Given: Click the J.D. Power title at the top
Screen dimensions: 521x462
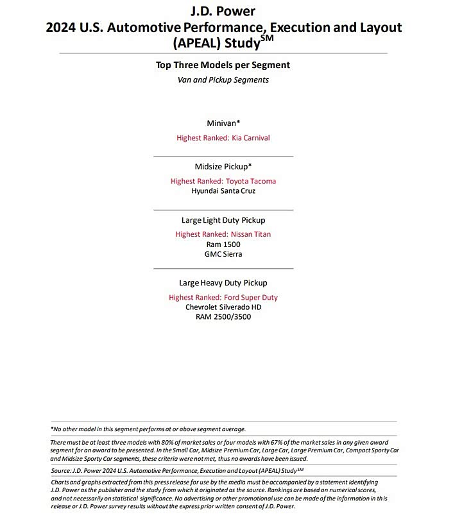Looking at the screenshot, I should [x=223, y=11].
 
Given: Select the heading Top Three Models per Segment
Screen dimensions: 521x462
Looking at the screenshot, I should [x=223, y=65].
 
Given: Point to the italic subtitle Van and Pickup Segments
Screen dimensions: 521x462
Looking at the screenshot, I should [x=223, y=80].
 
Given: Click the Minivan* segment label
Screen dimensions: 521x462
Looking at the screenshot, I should [x=223, y=123].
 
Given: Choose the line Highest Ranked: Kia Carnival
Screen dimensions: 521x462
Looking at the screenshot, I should [x=223, y=137].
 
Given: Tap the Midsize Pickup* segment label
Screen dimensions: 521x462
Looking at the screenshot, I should [x=223, y=166].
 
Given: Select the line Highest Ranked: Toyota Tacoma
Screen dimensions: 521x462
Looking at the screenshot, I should [x=223, y=181].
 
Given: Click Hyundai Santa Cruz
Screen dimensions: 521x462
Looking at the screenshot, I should [x=223, y=191].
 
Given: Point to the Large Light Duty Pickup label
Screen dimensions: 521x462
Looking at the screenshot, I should [x=223, y=220].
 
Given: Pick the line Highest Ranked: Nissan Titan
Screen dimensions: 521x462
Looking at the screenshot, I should [x=223, y=234].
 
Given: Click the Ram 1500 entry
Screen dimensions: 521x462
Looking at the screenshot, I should [x=223, y=244].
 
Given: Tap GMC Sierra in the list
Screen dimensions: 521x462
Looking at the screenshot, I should [x=223, y=254].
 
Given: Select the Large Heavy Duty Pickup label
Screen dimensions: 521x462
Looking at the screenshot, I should [x=223, y=282].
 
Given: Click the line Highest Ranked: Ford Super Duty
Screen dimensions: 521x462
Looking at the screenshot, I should [x=223, y=297].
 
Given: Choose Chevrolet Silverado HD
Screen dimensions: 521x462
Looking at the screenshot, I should [x=223, y=307].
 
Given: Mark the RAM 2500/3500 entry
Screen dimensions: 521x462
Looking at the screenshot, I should [x=223, y=316].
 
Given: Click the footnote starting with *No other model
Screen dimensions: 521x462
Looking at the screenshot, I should [x=148, y=429].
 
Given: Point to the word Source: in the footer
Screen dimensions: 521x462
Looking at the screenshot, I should [x=62, y=470].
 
